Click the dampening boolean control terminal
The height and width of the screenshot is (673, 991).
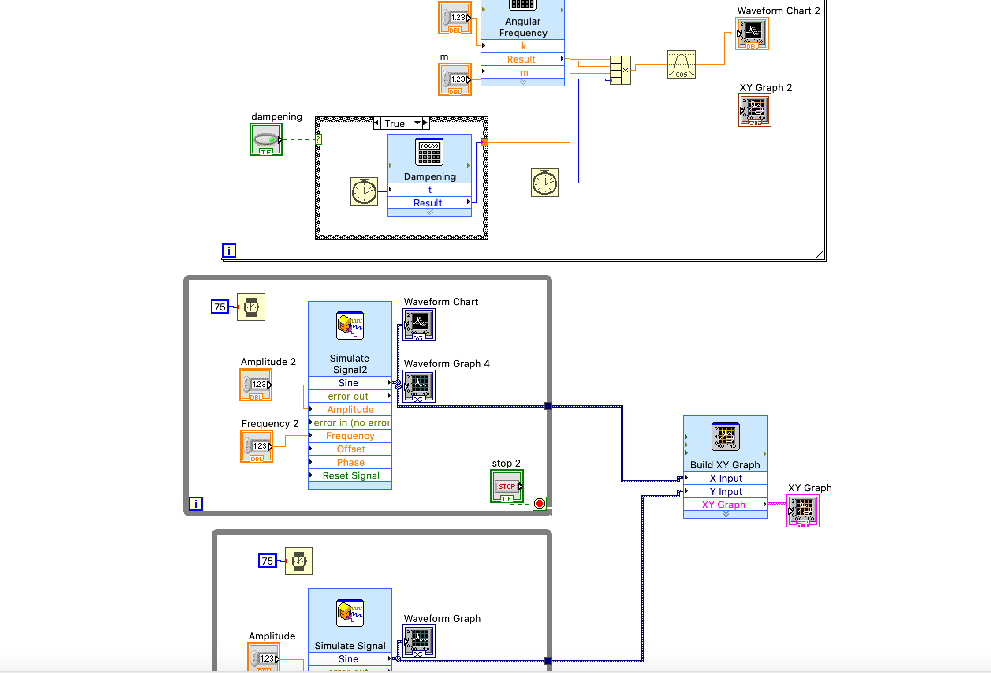266,140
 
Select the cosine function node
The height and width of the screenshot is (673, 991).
681,65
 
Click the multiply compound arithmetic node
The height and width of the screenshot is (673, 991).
620,70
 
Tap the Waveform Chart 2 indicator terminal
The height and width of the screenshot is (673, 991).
752,34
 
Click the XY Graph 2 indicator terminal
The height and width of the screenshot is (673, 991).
755,110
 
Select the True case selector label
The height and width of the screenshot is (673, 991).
395,123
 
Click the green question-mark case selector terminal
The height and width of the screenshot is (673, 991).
318,140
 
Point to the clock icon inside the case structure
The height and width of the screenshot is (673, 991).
364,191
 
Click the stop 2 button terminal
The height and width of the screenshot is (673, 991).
507,486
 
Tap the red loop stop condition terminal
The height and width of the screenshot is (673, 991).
539,504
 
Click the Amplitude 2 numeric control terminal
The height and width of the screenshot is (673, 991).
256,385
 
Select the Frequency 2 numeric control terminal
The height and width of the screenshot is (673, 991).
257,446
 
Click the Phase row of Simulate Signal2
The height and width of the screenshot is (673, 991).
350,462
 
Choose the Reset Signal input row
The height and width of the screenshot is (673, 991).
350,475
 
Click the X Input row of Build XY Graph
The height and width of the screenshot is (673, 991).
726,478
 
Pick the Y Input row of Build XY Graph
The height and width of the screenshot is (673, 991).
726,491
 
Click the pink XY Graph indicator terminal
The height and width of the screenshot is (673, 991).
803,511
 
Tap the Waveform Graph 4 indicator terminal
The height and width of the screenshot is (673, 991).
419,386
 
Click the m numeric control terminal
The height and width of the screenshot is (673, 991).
455,79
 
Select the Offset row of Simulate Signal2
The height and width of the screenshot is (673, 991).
350,449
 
